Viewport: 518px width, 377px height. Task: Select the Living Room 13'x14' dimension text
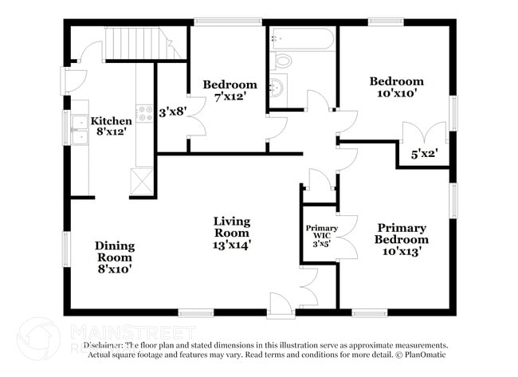pos(231,245)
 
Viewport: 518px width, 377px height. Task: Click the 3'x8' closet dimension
pos(172,112)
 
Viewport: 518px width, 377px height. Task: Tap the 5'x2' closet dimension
pos(424,154)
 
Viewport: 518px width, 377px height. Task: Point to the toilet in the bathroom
pos(284,61)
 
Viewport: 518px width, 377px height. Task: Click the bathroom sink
pos(278,88)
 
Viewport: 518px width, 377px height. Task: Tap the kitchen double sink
pos(80,130)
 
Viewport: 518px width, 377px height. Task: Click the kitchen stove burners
pos(145,113)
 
